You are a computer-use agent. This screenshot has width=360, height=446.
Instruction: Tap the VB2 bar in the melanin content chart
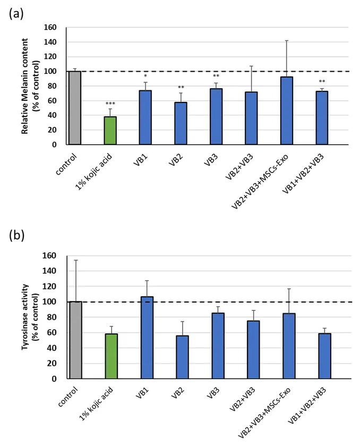pos(181,123)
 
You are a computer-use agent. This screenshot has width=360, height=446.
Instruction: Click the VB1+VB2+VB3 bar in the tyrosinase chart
pos(323,356)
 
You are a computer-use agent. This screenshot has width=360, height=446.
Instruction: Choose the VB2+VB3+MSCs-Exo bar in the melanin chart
pos(287,110)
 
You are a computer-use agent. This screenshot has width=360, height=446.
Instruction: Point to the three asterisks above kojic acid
pos(110,104)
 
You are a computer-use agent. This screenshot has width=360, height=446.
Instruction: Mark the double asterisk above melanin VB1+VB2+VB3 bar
pos(322,82)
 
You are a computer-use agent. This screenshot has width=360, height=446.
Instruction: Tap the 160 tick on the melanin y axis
pos(50,27)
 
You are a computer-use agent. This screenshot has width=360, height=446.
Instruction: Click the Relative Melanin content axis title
pos(29,85)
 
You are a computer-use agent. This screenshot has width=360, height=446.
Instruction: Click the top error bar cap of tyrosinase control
pos(75,260)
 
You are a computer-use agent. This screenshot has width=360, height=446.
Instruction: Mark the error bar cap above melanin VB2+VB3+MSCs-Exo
pos(287,40)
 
